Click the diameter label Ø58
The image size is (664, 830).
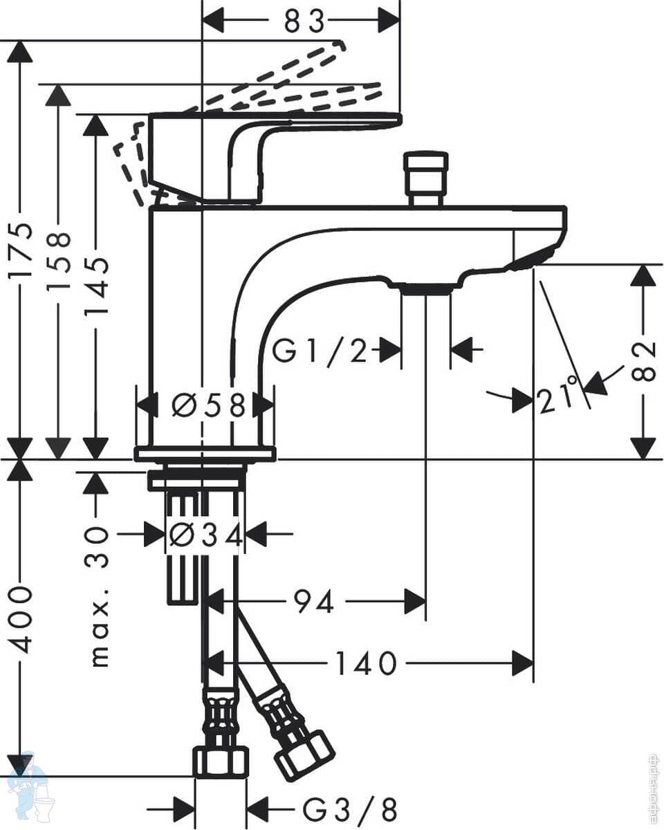click(208, 405)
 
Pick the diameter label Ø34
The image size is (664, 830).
click(205, 535)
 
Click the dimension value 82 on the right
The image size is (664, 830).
click(643, 360)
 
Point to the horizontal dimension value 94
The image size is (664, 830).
click(314, 602)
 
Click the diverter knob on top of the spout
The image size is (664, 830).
click(425, 178)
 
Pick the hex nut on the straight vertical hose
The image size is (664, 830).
click(220, 761)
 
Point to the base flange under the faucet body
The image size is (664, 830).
click(205, 454)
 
